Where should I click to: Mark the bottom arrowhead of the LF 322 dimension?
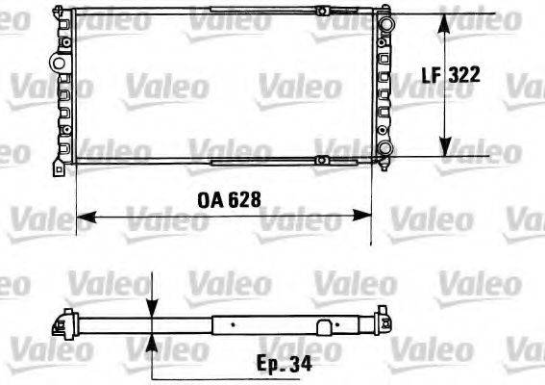coord(445,150)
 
